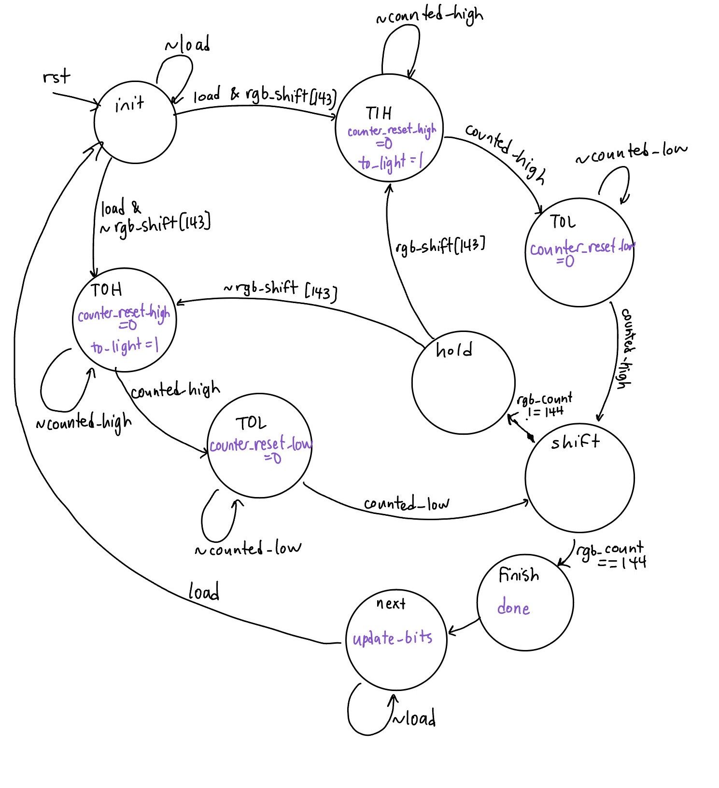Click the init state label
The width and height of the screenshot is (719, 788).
pos(129,104)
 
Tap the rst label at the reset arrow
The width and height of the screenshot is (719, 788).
pos(56,77)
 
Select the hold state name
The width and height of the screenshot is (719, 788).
pos(454,350)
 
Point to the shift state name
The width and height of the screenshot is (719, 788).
pos(575,442)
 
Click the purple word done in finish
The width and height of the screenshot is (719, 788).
pos(513,608)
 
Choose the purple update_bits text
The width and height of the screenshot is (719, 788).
pos(392,638)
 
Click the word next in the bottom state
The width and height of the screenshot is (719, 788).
pos(391,604)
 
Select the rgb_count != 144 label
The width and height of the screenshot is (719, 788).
pos(545,405)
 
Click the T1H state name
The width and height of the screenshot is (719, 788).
pos(379,113)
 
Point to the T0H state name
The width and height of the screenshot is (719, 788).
pos(106,290)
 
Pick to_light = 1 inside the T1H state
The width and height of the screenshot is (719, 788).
pos(391,162)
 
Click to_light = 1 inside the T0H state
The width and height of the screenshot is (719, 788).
pos(124,346)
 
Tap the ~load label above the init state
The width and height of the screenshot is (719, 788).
pos(187,45)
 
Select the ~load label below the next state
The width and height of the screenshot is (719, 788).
pos(414,719)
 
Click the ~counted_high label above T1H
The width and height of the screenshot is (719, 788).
pos(429,15)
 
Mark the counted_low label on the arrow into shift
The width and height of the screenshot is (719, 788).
pos(406,504)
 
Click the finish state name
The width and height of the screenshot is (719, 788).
pos(519,575)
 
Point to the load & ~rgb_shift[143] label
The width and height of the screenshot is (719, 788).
pos(154,217)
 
